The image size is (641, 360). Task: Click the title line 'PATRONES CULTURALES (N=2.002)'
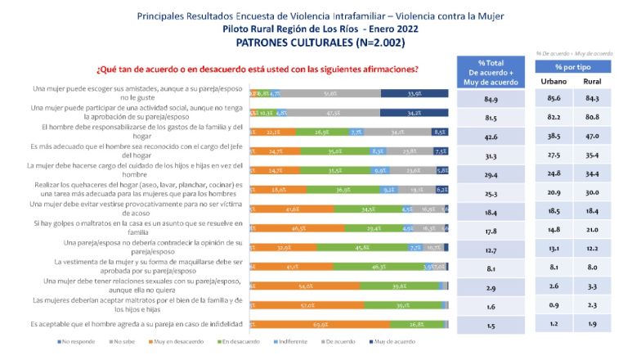320,42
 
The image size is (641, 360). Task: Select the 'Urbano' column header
554,83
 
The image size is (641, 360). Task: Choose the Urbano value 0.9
554,307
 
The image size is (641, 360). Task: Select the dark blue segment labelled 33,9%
414,93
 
